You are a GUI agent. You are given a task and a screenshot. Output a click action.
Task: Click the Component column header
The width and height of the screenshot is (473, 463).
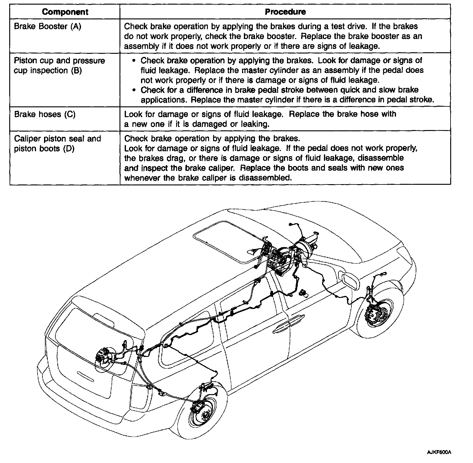click(x=65, y=12)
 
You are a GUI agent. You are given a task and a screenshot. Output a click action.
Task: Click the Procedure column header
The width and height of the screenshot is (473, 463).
click(x=285, y=12)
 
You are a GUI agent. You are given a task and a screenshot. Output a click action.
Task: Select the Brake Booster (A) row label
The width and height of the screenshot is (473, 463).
click(x=48, y=26)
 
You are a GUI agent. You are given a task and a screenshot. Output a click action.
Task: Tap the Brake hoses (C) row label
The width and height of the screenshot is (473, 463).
click(x=45, y=114)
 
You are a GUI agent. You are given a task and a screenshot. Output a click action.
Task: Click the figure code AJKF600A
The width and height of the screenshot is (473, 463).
click(x=439, y=452)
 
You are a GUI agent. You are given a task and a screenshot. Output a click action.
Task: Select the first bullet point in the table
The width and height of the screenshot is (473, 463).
click(x=133, y=61)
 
